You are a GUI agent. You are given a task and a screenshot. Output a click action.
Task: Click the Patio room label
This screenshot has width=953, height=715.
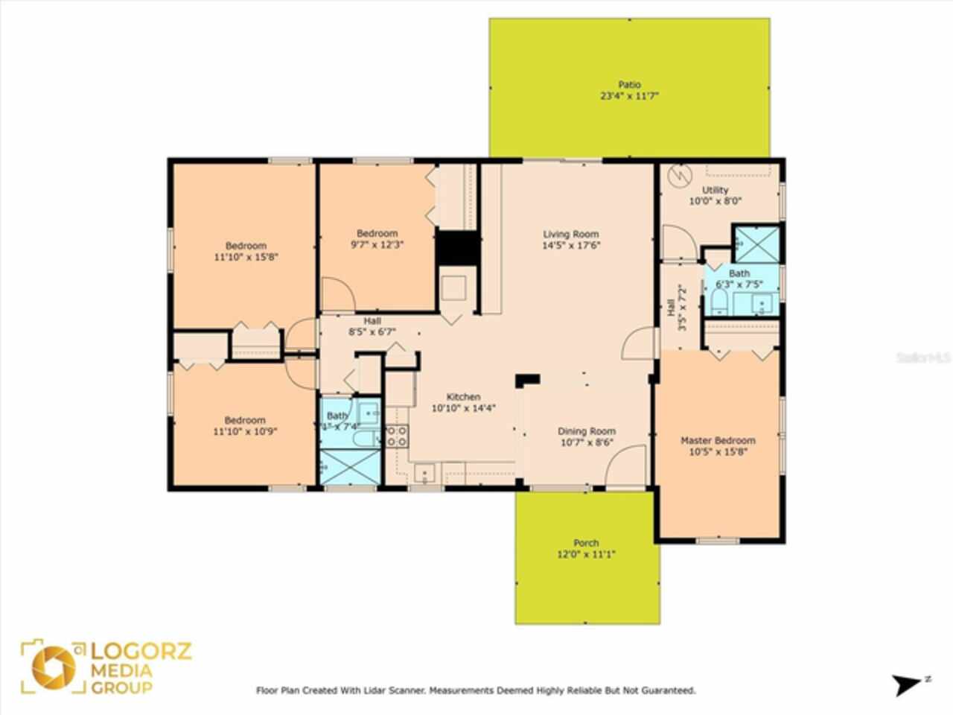[x=629, y=85]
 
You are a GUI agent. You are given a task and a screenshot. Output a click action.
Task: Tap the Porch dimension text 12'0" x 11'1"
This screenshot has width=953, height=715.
[x=586, y=554]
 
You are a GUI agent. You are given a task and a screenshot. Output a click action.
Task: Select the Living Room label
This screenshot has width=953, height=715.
[x=570, y=234]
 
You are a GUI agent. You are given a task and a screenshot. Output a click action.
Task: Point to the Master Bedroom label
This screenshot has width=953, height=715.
[x=718, y=440]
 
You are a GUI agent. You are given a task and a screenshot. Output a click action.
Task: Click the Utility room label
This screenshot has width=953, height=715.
[x=715, y=190]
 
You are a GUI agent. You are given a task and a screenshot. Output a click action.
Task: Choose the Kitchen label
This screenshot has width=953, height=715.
[x=463, y=397]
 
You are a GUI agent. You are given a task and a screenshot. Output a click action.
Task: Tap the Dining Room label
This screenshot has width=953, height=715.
[x=587, y=431]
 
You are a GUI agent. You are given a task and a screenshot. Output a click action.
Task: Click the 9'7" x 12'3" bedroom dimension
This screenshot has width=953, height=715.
[x=377, y=244]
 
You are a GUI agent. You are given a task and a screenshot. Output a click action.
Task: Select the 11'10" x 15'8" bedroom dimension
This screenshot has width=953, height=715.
[x=246, y=257]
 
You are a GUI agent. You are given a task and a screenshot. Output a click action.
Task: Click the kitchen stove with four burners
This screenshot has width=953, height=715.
[x=396, y=436]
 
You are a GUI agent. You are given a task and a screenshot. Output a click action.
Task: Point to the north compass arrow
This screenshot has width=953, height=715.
[x=909, y=684]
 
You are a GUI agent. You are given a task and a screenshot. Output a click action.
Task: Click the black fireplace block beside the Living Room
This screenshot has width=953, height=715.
[x=456, y=248]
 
